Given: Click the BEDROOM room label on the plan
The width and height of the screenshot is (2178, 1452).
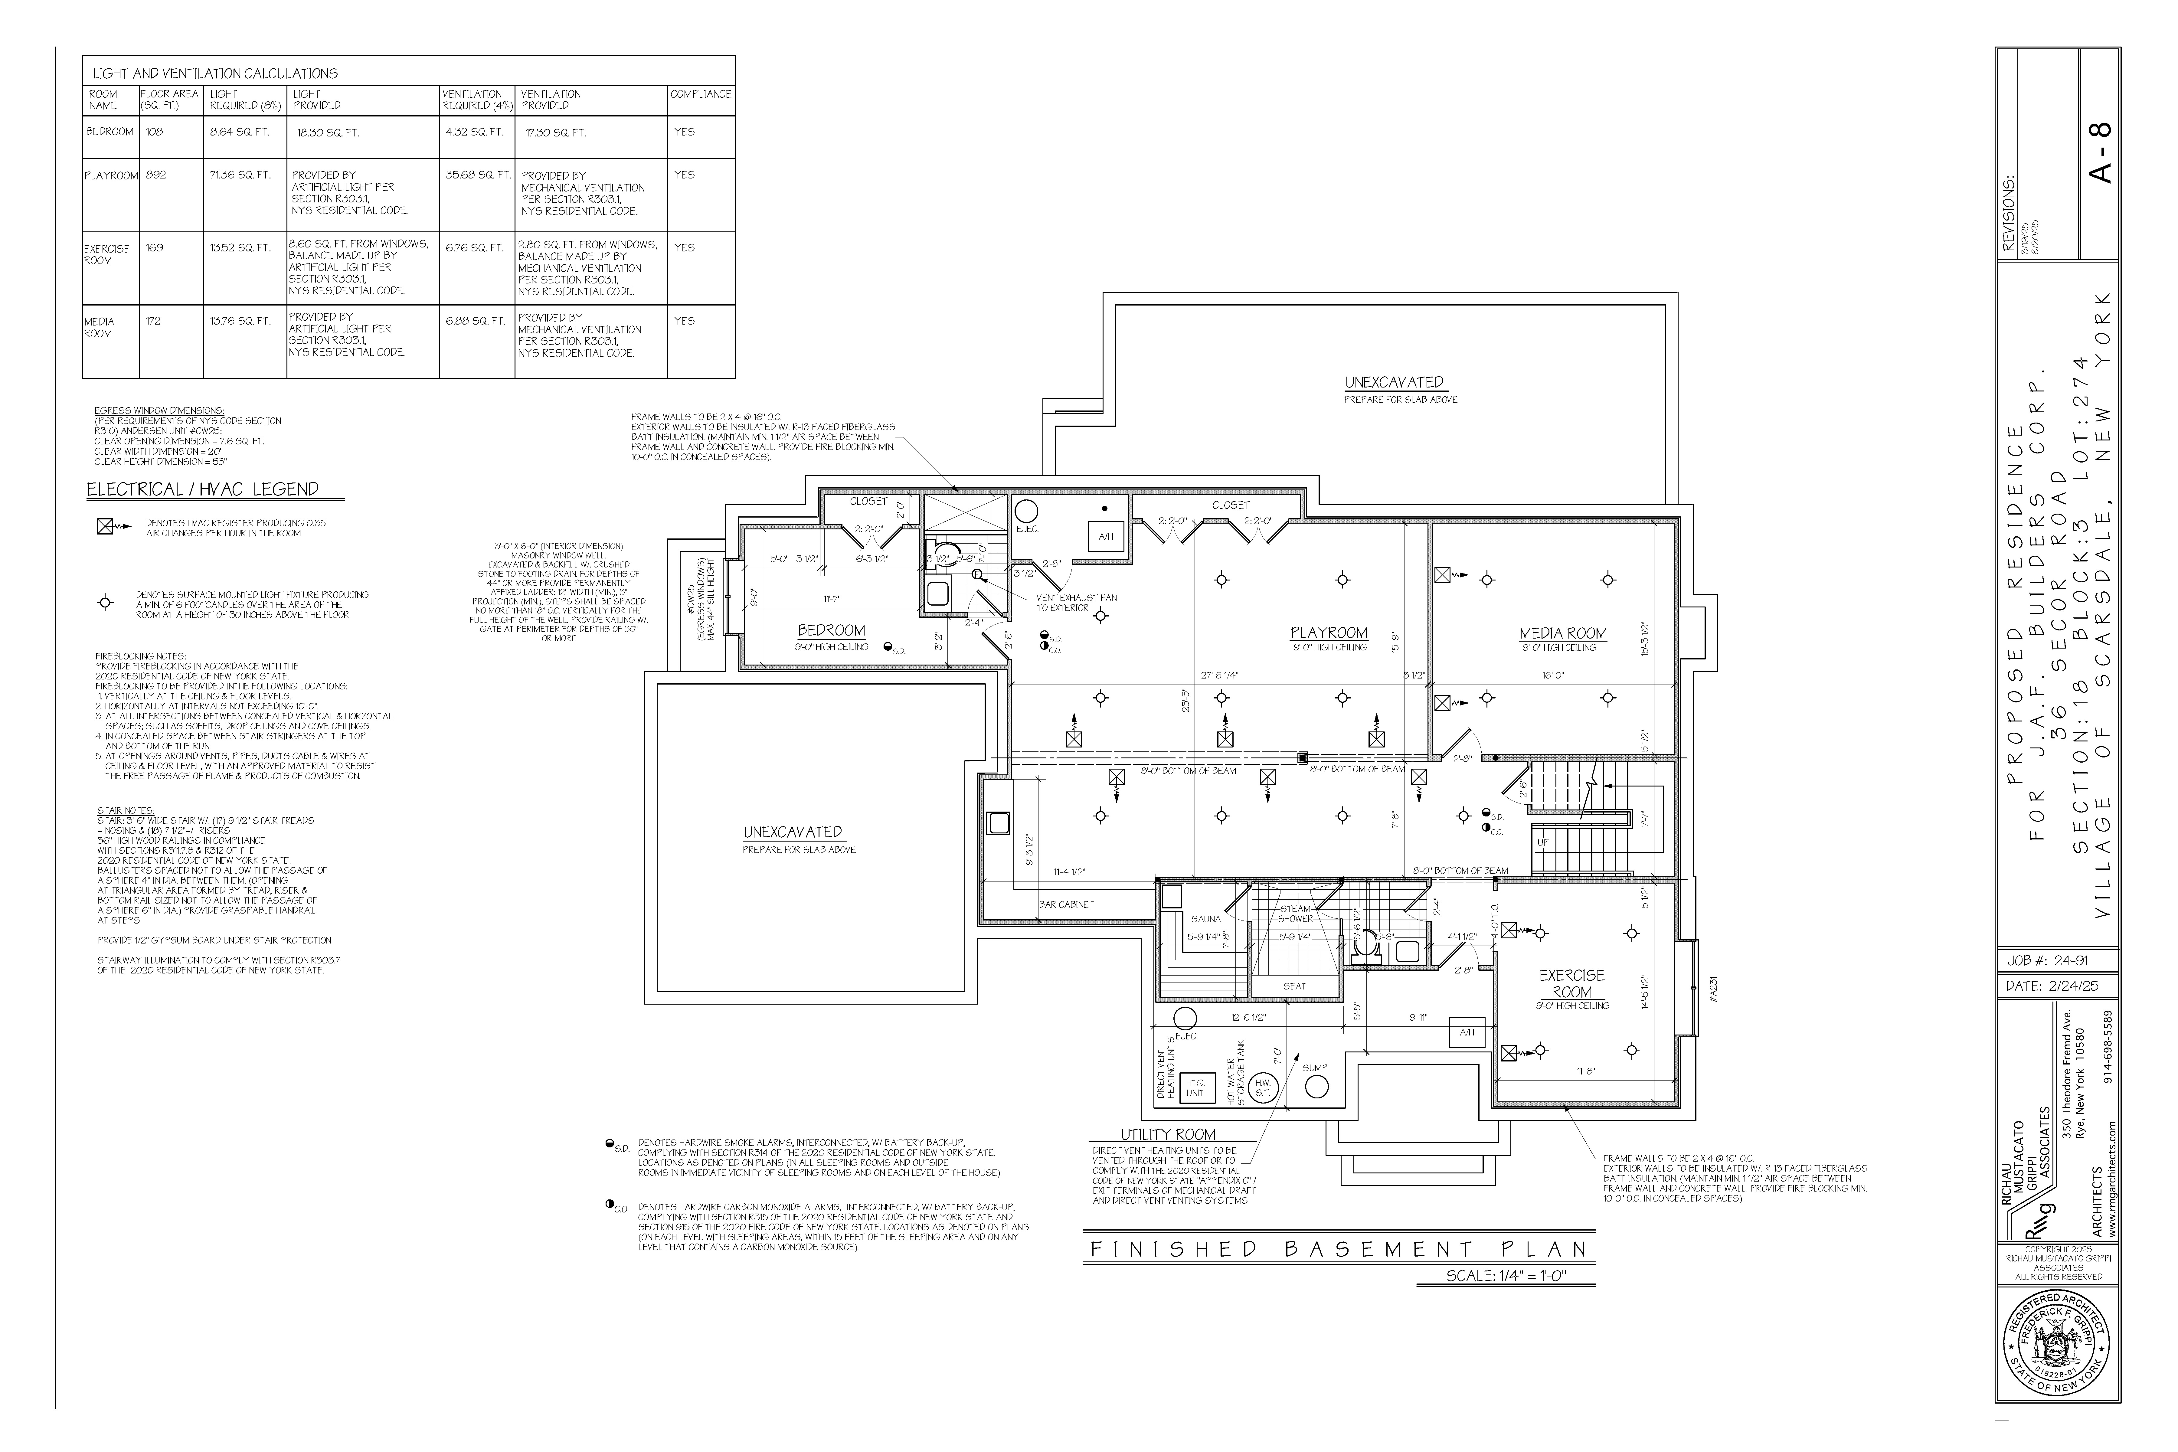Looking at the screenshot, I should (831, 631).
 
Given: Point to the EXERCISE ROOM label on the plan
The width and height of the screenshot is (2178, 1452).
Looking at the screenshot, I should (1571, 983).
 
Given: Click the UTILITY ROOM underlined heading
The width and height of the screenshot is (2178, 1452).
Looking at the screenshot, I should (1169, 1134).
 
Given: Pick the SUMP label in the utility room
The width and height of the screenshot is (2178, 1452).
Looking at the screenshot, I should (1315, 1068).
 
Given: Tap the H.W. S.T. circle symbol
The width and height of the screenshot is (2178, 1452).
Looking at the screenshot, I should (1262, 1088).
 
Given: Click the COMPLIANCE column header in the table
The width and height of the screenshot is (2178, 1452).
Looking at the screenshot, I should (701, 94).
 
